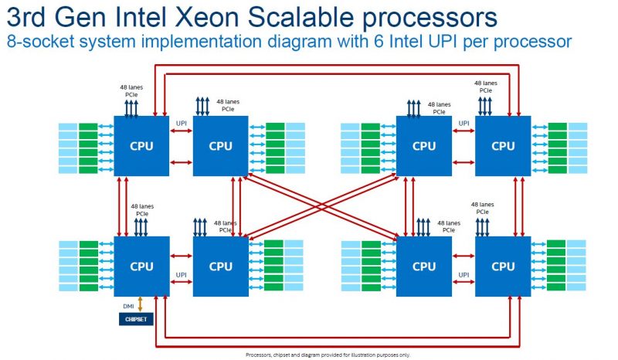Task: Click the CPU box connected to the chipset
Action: pyautogui.click(x=141, y=267)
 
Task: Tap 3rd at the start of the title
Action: pyautogui.click(x=28, y=16)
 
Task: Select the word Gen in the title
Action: pyautogui.click(x=83, y=16)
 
